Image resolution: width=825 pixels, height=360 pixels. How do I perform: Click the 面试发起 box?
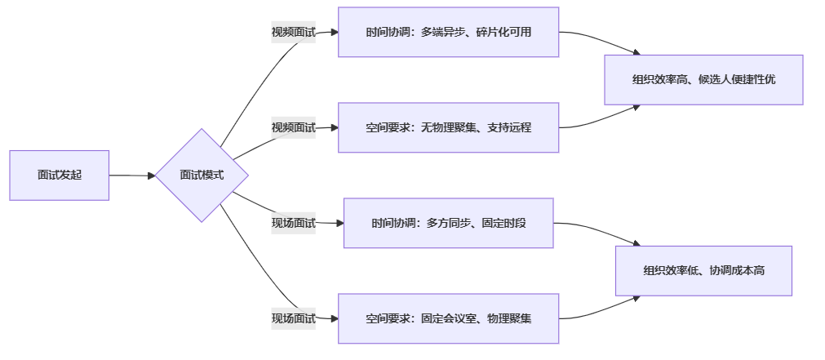click(59, 175)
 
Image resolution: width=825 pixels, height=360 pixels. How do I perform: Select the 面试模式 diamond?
click(202, 175)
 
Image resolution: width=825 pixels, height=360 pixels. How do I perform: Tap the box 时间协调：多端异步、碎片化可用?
click(448, 33)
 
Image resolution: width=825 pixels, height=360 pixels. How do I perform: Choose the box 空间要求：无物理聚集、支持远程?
click(448, 127)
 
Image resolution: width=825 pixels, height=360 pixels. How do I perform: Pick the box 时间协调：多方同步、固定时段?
click(448, 223)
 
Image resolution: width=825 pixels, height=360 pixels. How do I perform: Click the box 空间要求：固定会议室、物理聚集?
click(448, 318)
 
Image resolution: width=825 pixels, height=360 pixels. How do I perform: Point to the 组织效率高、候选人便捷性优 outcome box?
click(703, 80)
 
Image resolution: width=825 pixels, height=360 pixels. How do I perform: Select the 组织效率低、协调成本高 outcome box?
click(703, 271)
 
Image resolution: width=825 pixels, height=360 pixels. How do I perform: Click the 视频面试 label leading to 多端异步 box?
click(293, 33)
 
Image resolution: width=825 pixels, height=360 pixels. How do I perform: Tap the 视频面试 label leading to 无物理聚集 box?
click(293, 127)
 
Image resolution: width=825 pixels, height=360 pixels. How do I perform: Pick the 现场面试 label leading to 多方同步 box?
click(293, 223)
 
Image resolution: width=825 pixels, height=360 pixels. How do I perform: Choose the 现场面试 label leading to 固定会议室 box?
click(293, 318)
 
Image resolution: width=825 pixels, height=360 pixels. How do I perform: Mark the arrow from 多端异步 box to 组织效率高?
click(600, 41)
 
